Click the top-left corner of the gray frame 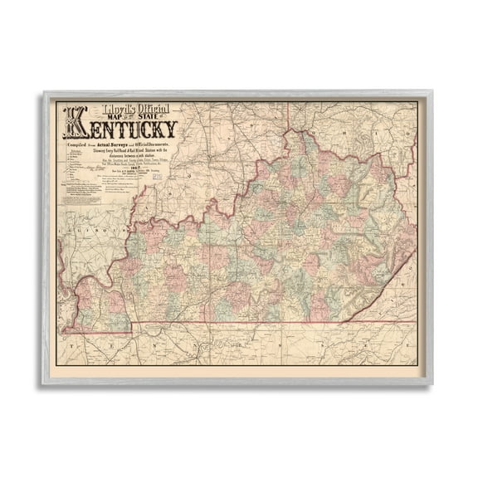point(45,93)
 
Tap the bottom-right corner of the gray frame point(432,383)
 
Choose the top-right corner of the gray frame point(432,93)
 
